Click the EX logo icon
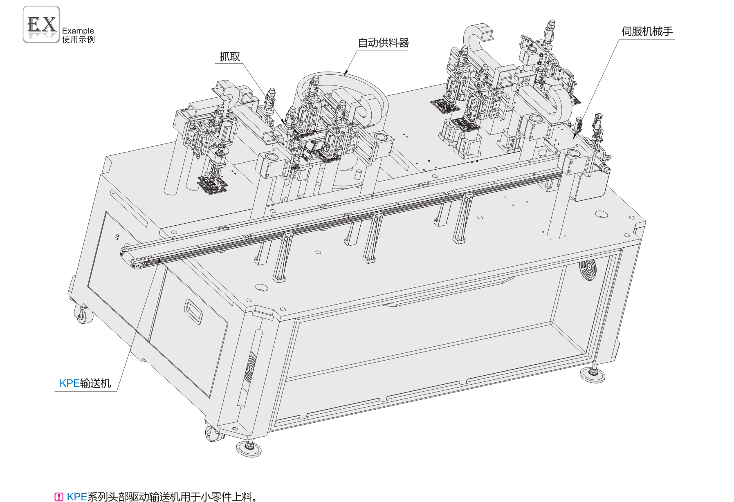click(41, 25)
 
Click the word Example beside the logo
click(78, 31)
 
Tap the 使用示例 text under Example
click(79, 39)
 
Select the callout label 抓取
click(230, 56)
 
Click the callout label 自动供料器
click(383, 43)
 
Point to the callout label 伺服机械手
click(647, 31)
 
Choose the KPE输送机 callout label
click(85, 383)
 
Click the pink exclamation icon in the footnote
click(59, 497)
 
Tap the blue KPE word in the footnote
click(77, 497)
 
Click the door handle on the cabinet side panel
click(193, 312)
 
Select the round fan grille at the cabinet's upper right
click(588, 270)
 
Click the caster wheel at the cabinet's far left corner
click(83, 314)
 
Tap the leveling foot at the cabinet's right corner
click(592, 375)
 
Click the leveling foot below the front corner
click(249, 448)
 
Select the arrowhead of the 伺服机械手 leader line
click(575, 136)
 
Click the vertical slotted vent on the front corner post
click(250, 368)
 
